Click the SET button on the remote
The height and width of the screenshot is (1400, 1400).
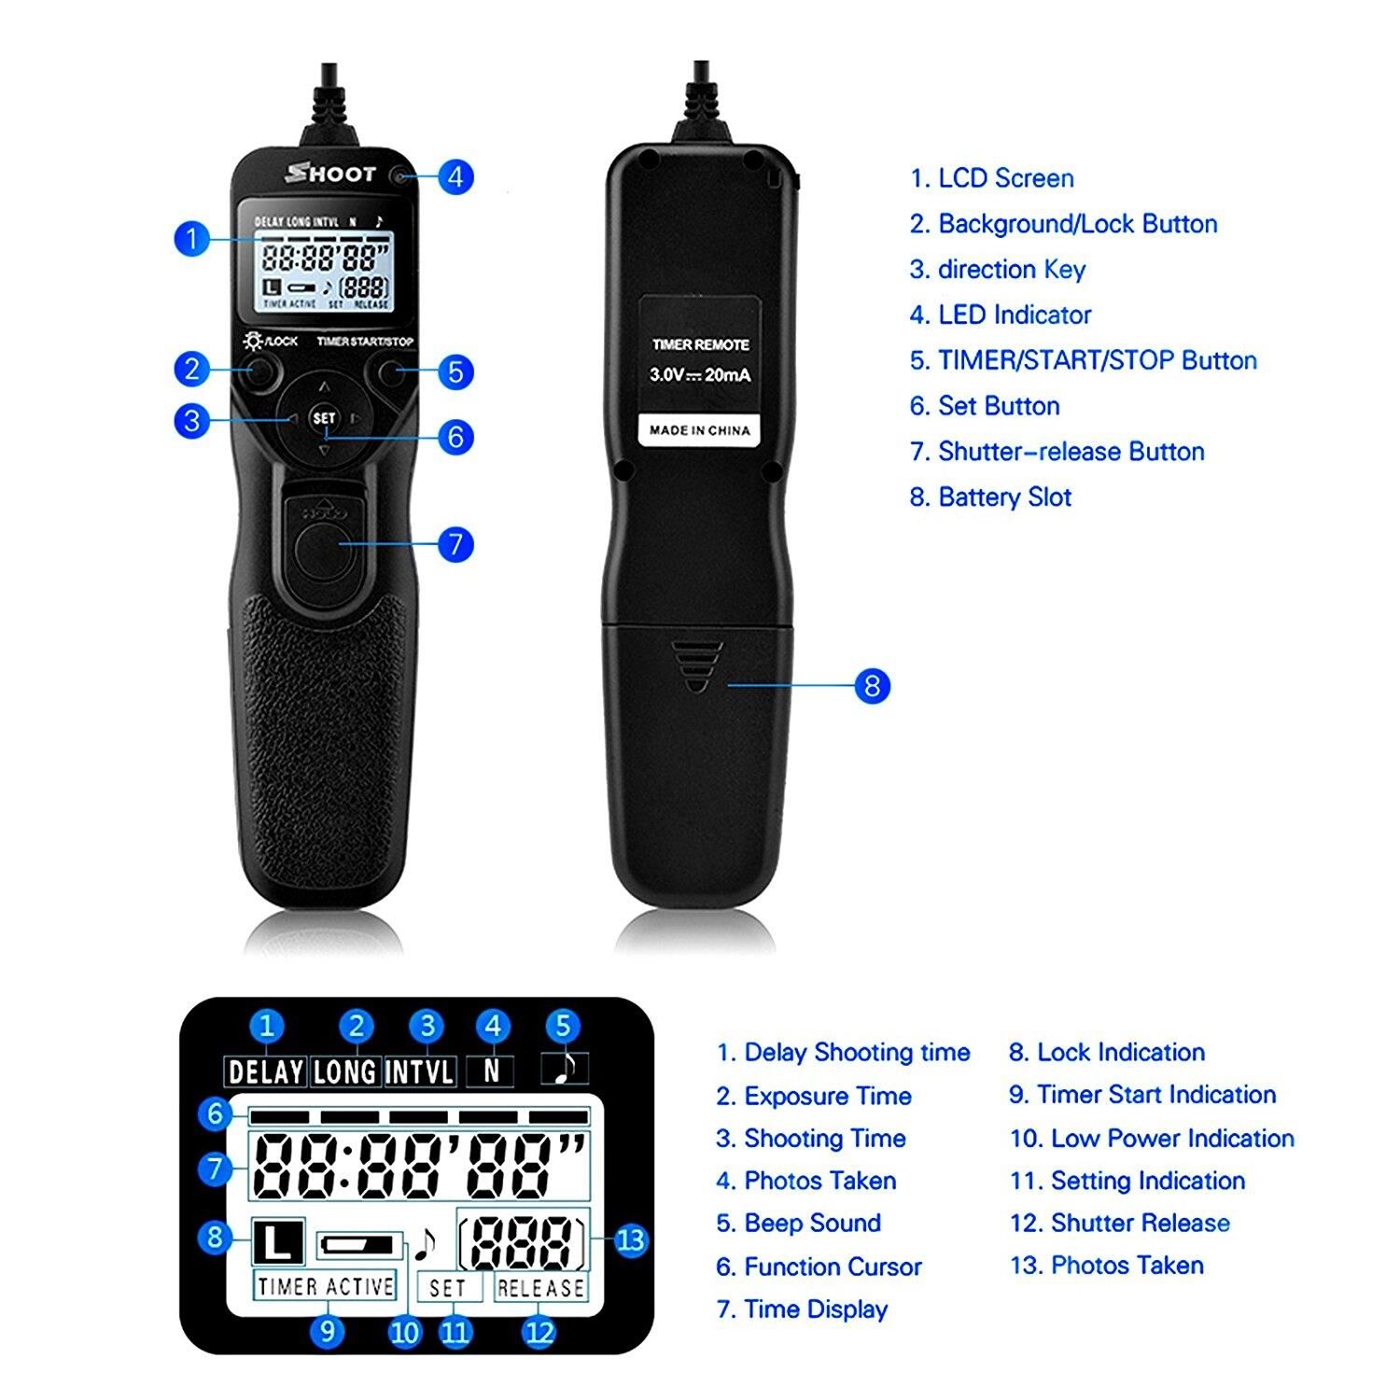pos(324,418)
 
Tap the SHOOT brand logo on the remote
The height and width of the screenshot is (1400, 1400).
pos(330,174)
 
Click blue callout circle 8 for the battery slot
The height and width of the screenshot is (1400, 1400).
pos(872,686)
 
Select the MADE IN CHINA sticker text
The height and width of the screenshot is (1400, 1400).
pos(700,430)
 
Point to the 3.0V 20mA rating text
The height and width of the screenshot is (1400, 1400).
pos(700,375)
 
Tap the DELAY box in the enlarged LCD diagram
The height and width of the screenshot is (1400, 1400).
pos(266,1071)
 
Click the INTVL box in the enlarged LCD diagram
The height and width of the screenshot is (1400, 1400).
pos(420,1071)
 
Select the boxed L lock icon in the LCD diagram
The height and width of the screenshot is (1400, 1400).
pos(278,1242)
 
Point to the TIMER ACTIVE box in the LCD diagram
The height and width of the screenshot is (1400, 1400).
pos(326,1287)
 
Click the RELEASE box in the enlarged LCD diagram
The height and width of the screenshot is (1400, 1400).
pos(540,1288)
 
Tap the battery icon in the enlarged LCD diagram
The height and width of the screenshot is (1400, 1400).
pos(360,1245)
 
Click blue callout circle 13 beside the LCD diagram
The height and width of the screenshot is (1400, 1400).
pos(631,1241)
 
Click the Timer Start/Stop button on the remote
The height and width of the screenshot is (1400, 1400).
pos(394,373)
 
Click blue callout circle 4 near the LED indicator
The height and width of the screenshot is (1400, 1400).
pos(455,176)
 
